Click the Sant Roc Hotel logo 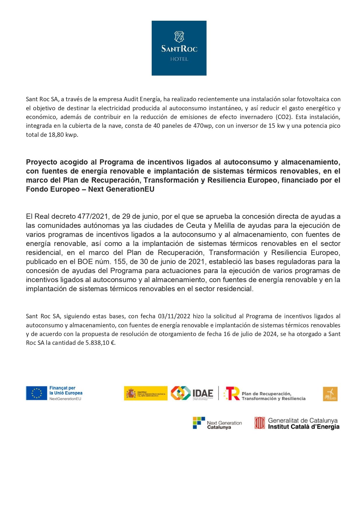click(x=179, y=48)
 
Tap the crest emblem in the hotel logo click(x=179, y=37)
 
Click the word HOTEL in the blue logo click(x=179, y=59)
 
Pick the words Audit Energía click(x=142, y=99)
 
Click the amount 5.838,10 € click(x=100, y=343)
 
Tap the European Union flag click(x=36, y=393)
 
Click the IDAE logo click(x=192, y=393)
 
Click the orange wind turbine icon click(x=330, y=394)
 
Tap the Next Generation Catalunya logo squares click(x=199, y=423)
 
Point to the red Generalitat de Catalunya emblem click(x=260, y=423)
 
